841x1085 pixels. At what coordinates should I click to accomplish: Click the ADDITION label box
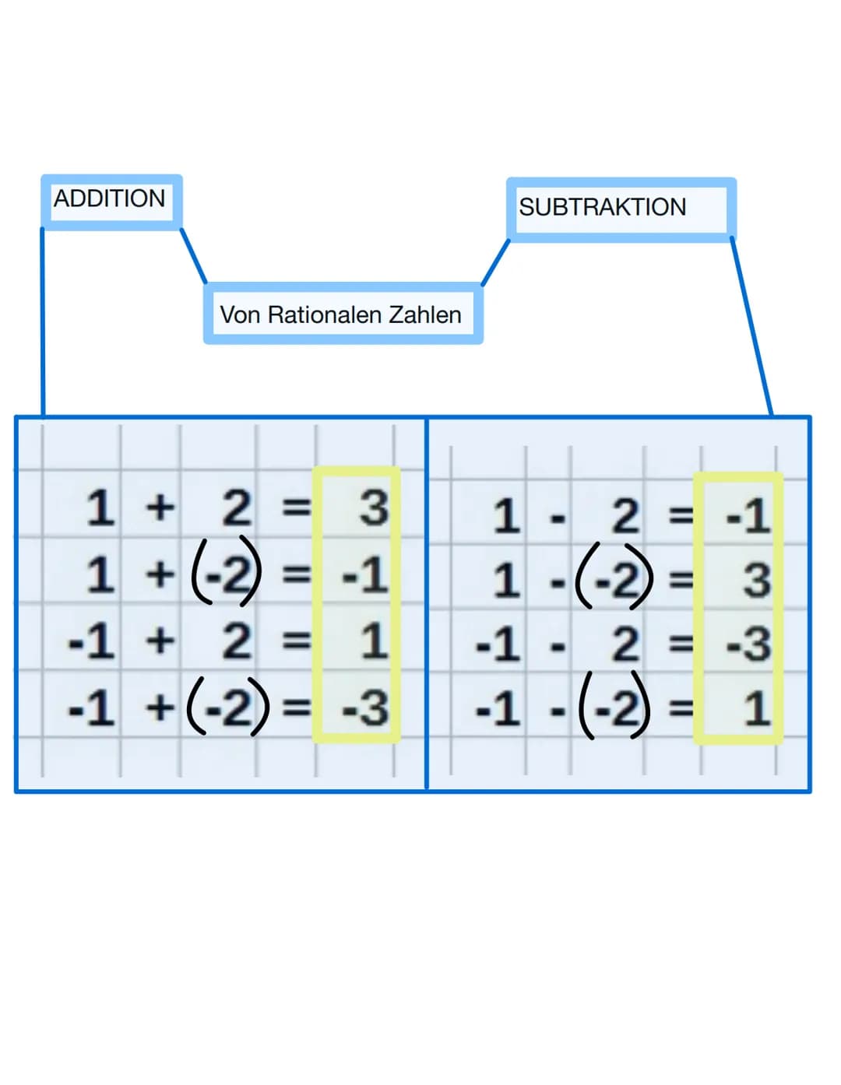(x=111, y=200)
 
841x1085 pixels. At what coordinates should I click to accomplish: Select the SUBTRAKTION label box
(x=620, y=208)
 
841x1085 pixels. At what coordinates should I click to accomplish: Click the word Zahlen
(x=425, y=314)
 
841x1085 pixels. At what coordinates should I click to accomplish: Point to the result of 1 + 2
(x=373, y=508)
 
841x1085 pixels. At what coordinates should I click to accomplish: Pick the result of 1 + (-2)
(x=364, y=575)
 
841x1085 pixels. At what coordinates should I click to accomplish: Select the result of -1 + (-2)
(x=364, y=708)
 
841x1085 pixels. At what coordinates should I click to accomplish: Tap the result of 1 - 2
(x=748, y=516)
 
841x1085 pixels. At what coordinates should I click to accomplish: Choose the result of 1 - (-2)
(x=755, y=581)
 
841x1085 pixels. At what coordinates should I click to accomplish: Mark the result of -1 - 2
(x=748, y=644)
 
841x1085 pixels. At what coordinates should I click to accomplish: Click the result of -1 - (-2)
(x=755, y=709)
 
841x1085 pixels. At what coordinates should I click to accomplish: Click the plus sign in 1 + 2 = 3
(x=160, y=508)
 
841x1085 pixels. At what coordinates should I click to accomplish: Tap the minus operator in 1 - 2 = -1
(x=557, y=517)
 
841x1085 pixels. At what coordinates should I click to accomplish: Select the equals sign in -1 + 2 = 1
(x=295, y=641)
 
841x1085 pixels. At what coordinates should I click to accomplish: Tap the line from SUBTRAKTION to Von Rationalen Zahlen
(x=495, y=263)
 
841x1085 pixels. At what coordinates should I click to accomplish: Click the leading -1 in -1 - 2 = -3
(x=497, y=645)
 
